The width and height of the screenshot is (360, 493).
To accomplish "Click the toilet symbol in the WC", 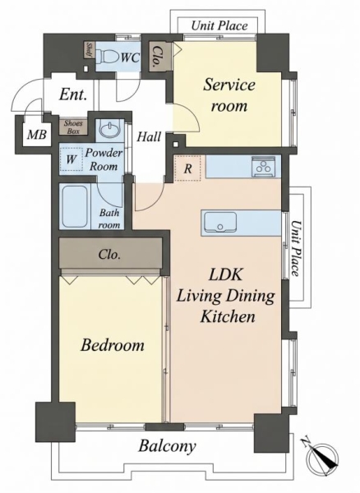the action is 108,57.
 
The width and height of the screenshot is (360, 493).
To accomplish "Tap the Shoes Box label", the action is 73,127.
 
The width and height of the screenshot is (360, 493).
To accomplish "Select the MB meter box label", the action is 37,135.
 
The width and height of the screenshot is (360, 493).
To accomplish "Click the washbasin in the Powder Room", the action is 108,129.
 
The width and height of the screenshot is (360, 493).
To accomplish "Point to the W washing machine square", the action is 71,159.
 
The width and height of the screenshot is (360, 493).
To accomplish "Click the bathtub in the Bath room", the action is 75,206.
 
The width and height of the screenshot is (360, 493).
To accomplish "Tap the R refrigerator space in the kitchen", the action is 187,168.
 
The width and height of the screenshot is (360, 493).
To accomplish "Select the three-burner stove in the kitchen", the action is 264,167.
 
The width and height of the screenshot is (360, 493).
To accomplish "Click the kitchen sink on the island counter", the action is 219,222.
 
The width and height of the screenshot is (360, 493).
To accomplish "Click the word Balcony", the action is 168,446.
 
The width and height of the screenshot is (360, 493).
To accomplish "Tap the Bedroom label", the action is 113,345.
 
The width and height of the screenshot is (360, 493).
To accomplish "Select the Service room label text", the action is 229,95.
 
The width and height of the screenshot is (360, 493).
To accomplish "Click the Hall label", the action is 149,136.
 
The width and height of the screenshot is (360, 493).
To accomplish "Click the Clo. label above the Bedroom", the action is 109,254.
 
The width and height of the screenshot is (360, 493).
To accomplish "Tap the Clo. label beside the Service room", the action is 156,58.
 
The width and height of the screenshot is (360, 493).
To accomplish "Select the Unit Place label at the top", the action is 219,25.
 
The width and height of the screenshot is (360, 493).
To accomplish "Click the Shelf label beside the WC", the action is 89,49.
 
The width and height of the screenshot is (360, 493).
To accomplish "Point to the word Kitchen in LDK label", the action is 228,316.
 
